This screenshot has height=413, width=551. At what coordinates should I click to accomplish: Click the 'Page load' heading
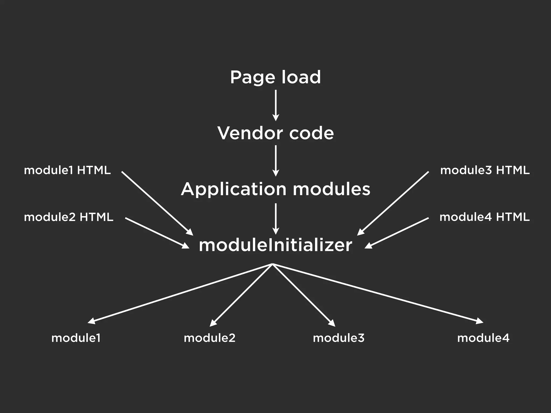275,77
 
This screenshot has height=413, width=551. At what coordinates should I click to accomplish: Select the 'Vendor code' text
275,133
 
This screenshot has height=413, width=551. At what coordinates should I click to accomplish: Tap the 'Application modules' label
275,189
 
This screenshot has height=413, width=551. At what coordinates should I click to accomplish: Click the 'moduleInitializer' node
275,245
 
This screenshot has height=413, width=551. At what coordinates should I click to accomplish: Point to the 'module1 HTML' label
67,170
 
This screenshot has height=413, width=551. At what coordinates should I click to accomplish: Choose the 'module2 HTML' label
69,217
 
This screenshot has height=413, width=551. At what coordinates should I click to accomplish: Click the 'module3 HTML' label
485,170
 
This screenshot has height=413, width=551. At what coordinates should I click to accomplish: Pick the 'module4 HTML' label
485,217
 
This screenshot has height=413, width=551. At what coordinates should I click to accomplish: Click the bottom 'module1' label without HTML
76,338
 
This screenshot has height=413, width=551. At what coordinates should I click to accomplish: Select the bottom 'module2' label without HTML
210,338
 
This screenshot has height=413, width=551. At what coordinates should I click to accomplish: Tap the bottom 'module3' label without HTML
339,338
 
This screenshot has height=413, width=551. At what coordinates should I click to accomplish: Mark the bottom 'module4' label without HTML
483,338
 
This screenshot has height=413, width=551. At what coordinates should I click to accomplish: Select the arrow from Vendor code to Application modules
275,161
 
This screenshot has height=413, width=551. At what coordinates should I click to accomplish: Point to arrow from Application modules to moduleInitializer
275,218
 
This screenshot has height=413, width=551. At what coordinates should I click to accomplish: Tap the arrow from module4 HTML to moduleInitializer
397,233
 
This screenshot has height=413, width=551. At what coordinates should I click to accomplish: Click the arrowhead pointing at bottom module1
91,321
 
